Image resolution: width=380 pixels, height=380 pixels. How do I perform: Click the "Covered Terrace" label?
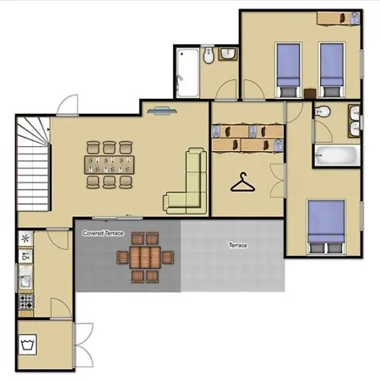[103, 233]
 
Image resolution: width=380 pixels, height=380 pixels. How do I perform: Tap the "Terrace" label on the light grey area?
[238, 245]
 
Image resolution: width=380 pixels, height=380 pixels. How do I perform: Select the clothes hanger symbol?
[242, 182]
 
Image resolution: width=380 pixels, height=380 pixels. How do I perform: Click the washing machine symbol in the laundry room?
[28, 345]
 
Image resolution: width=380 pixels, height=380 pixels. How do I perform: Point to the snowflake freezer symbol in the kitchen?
[25, 239]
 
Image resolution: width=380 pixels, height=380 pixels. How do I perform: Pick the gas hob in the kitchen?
[26, 301]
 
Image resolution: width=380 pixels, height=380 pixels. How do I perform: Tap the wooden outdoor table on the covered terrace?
[145, 258]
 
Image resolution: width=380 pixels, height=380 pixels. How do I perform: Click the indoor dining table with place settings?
[109, 165]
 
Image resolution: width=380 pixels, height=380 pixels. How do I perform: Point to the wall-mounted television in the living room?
[162, 111]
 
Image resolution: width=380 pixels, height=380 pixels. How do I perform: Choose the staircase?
[34, 164]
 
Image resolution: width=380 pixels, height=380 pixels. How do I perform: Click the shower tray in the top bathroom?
[187, 73]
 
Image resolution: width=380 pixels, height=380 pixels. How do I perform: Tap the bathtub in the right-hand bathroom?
[337, 155]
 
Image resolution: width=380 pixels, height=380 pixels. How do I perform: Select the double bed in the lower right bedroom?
[326, 227]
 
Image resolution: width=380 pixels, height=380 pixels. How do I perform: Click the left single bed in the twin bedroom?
[288, 70]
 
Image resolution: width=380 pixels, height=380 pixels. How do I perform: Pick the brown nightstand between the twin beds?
[310, 94]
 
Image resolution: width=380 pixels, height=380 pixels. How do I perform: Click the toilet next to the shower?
[209, 55]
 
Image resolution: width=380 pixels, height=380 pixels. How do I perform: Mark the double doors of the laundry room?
[83, 345]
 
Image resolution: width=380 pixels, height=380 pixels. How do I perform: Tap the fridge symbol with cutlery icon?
[25, 256]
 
